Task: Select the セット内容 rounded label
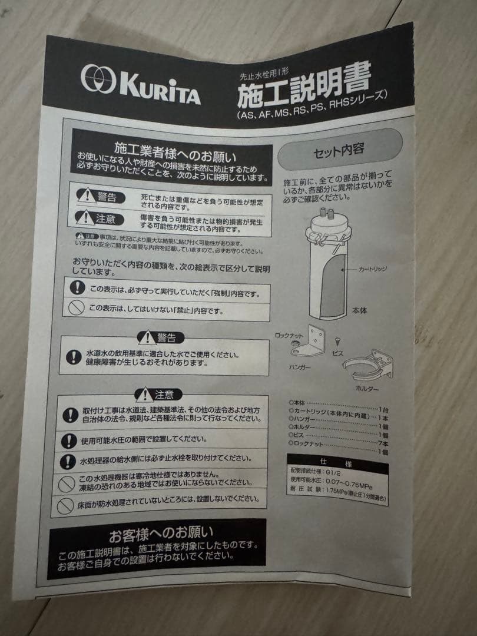[339, 149]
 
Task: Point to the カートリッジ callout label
[373, 269]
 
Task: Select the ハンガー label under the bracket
[300, 367]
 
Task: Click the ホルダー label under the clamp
[367, 389]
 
